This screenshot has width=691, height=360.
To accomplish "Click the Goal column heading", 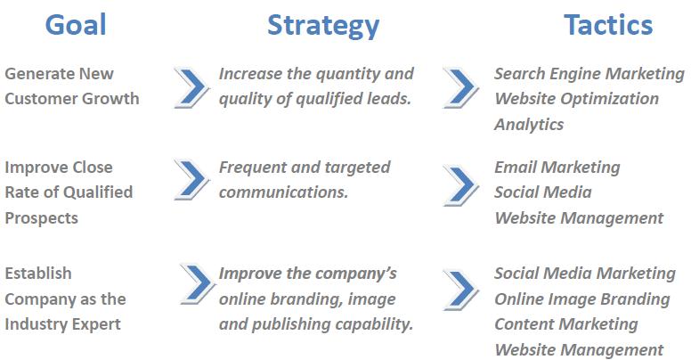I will click(x=76, y=25).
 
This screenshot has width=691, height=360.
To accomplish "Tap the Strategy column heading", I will click(x=323, y=25).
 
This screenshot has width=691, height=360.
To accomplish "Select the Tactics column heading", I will click(x=608, y=25).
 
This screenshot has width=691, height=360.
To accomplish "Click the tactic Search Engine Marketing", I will click(x=589, y=74).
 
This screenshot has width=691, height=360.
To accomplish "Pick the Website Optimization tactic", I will click(x=576, y=99).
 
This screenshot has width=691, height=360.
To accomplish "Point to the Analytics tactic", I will click(x=529, y=124).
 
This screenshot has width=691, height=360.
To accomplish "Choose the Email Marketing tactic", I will click(x=557, y=167).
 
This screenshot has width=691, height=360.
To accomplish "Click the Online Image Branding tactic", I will click(x=581, y=299).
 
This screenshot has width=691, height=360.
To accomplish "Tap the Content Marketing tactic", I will click(x=565, y=324).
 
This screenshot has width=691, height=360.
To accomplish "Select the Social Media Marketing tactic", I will click(x=585, y=273).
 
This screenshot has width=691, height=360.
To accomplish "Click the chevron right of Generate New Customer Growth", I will click(x=191, y=86).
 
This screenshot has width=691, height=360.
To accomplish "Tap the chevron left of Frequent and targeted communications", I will click(x=191, y=179).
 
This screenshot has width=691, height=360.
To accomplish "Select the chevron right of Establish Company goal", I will click(x=195, y=284).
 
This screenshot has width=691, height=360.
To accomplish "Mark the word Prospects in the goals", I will click(x=41, y=217).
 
